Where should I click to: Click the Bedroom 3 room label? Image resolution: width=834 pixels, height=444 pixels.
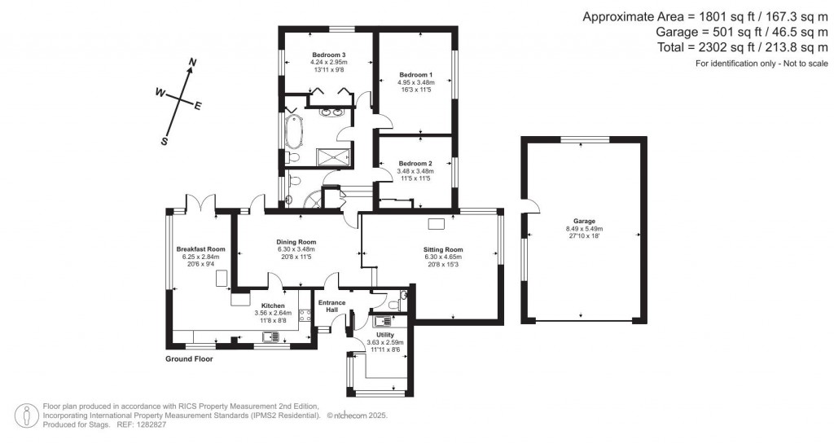click(328, 55)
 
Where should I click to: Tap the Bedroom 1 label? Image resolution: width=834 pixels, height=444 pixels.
click(415, 74)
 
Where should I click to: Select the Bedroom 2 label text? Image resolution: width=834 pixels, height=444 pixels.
click(415, 163)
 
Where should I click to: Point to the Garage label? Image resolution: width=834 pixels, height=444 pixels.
click(584, 222)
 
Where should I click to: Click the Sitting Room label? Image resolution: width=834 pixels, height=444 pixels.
click(443, 249)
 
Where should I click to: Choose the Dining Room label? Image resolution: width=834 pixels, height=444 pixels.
click(296, 242)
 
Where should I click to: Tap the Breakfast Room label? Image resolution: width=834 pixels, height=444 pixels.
click(200, 249)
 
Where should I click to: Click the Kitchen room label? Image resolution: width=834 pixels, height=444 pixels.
click(273, 306)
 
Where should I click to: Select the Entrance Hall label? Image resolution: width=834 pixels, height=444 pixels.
click(331, 306)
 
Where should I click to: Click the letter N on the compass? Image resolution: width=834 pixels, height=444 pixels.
click(193, 63)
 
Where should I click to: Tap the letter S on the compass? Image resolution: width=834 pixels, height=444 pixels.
click(164, 141)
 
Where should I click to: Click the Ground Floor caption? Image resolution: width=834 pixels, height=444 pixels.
click(189, 359)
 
